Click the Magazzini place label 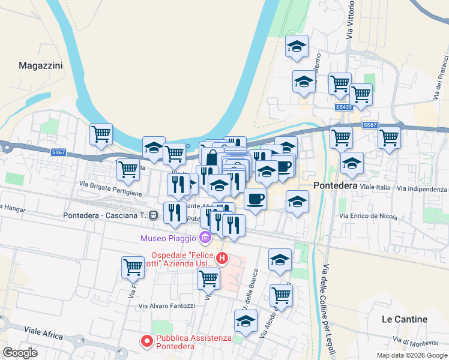pyautogui.click(x=41, y=65)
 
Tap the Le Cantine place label pyautogui.click(x=405, y=319)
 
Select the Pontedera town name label pyautogui.click(x=336, y=186)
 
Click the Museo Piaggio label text pyautogui.click(x=169, y=238)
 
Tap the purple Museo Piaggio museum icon pyautogui.click(x=205, y=238)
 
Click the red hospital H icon pyautogui.click(x=222, y=259)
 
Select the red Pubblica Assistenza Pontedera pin pyautogui.click(x=146, y=341)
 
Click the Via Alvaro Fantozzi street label pyautogui.click(x=167, y=305)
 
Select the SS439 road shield pyautogui.click(x=343, y=107)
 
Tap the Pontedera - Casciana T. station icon pyautogui.click(x=154, y=215)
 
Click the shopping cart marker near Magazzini pyautogui.click(x=101, y=134)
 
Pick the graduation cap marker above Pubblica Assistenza pyautogui.click(x=246, y=322)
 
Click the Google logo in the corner pyautogui.click(x=20, y=352)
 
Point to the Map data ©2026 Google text pyautogui.click(x=411, y=355)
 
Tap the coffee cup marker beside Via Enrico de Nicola pyautogui.click(x=256, y=199)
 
